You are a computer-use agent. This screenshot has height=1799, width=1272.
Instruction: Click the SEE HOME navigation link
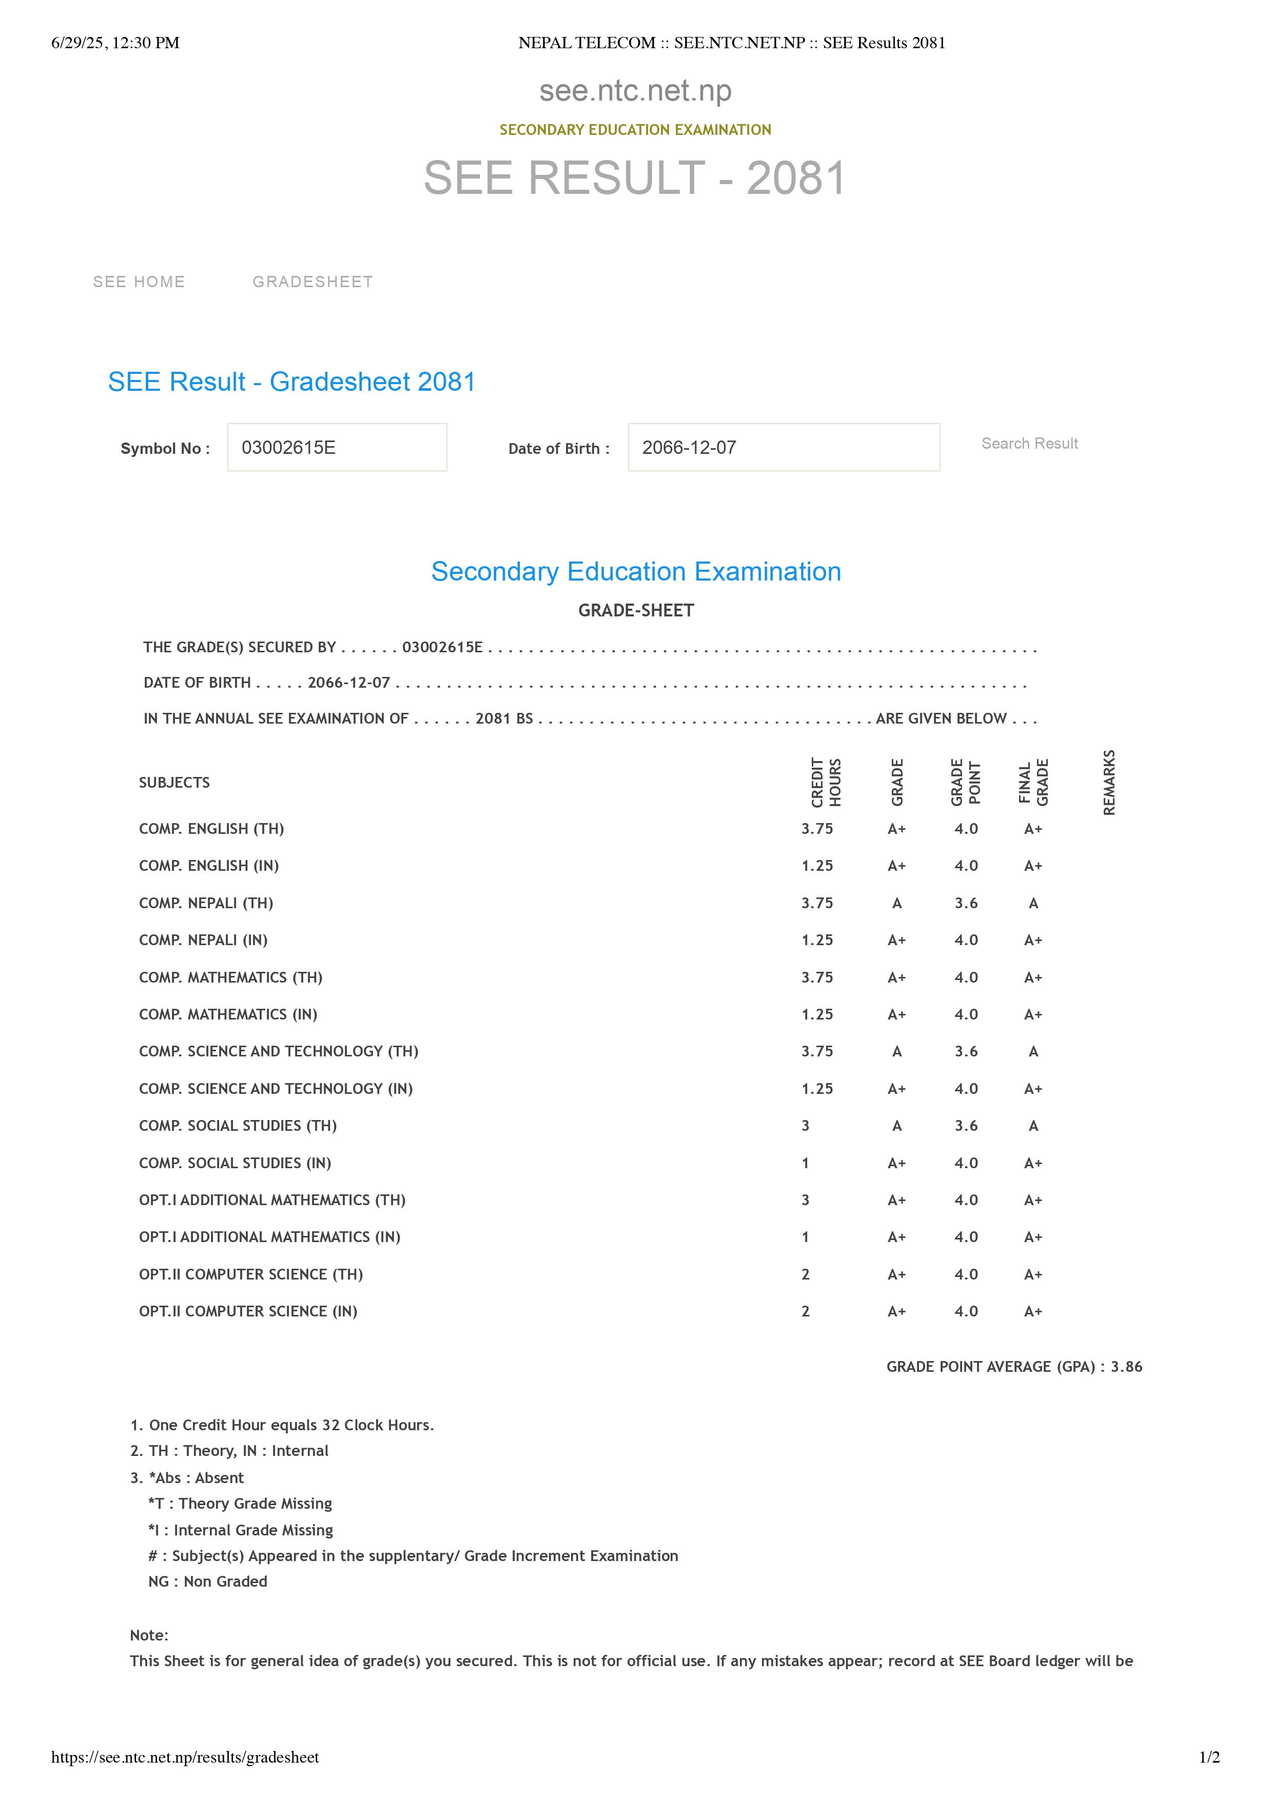(x=139, y=282)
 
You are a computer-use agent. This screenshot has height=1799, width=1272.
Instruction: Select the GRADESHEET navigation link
(x=312, y=282)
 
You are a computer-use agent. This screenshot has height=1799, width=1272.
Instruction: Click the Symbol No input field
(x=337, y=447)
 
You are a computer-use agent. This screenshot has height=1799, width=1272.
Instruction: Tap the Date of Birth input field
(x=783, y=447)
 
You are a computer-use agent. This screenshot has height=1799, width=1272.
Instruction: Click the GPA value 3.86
(x=1126, y=1367)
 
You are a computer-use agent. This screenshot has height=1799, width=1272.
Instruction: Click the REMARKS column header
(x=1109, y=782)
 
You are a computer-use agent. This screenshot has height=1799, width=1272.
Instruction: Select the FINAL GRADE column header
(x=1033, y=782)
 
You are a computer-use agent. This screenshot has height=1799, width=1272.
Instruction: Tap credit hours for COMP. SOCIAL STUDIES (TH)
(x=805, y=1126)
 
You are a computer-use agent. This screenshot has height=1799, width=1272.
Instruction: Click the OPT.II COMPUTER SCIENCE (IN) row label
(x=248, y=1312)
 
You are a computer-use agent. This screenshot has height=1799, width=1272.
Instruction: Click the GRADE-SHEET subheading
(x=636, y=610)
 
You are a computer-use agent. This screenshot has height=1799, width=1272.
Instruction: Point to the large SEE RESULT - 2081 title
(x=635, y=178)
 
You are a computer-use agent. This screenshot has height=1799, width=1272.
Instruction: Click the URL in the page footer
(x=185, y=1757)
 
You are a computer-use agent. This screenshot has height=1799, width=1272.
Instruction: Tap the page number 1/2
(x=1208, y=1757)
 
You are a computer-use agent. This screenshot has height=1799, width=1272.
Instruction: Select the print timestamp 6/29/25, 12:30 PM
(x=115, y=43)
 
